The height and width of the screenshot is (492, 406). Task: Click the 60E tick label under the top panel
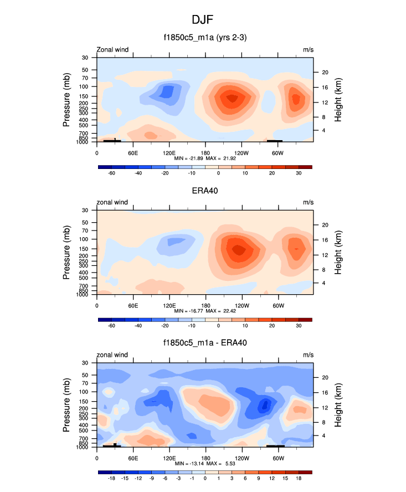coord(133,152)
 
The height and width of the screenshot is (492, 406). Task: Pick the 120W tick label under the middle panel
coord(241,305)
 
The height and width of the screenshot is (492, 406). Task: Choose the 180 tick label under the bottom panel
coord(205,458)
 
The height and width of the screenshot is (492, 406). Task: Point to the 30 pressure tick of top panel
coord(86,58)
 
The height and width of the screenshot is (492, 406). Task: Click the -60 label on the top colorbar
coord(111,173)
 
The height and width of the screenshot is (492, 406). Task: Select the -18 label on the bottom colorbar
coord(111,478)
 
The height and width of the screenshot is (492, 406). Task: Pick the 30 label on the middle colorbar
coord(299,326)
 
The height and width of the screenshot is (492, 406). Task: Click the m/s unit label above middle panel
coord(308,202)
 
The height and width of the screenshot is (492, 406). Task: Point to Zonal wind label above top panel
coord(112,49)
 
